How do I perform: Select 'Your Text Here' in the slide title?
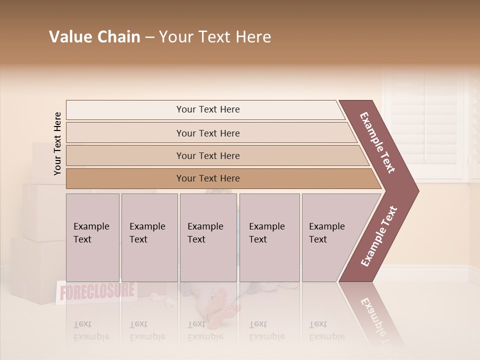pyautogui.click(x=214, y=37)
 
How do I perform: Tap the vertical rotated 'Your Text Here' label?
pyautogui.click(x=57, y=143)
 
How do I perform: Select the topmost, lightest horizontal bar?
pyautogui.click(x=207, y=109)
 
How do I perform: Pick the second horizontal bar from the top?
pyautogui.click(x=207, y=133)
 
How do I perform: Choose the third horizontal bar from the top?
pyautogui.click(x=207, y=155)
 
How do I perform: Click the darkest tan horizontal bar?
pyautogui.click(x=207, y=178)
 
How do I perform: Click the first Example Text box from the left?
pyautogui.click(x=92, y=237)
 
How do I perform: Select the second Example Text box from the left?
pyautogui.click(x=149, y=237)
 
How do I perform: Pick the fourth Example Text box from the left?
pyautogui.click(x=269, y=237)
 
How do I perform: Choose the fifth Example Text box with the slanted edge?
pyautogui.click(x=332, y=237)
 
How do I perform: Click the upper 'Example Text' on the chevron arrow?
pyautogui.click(x=377, y=142)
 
